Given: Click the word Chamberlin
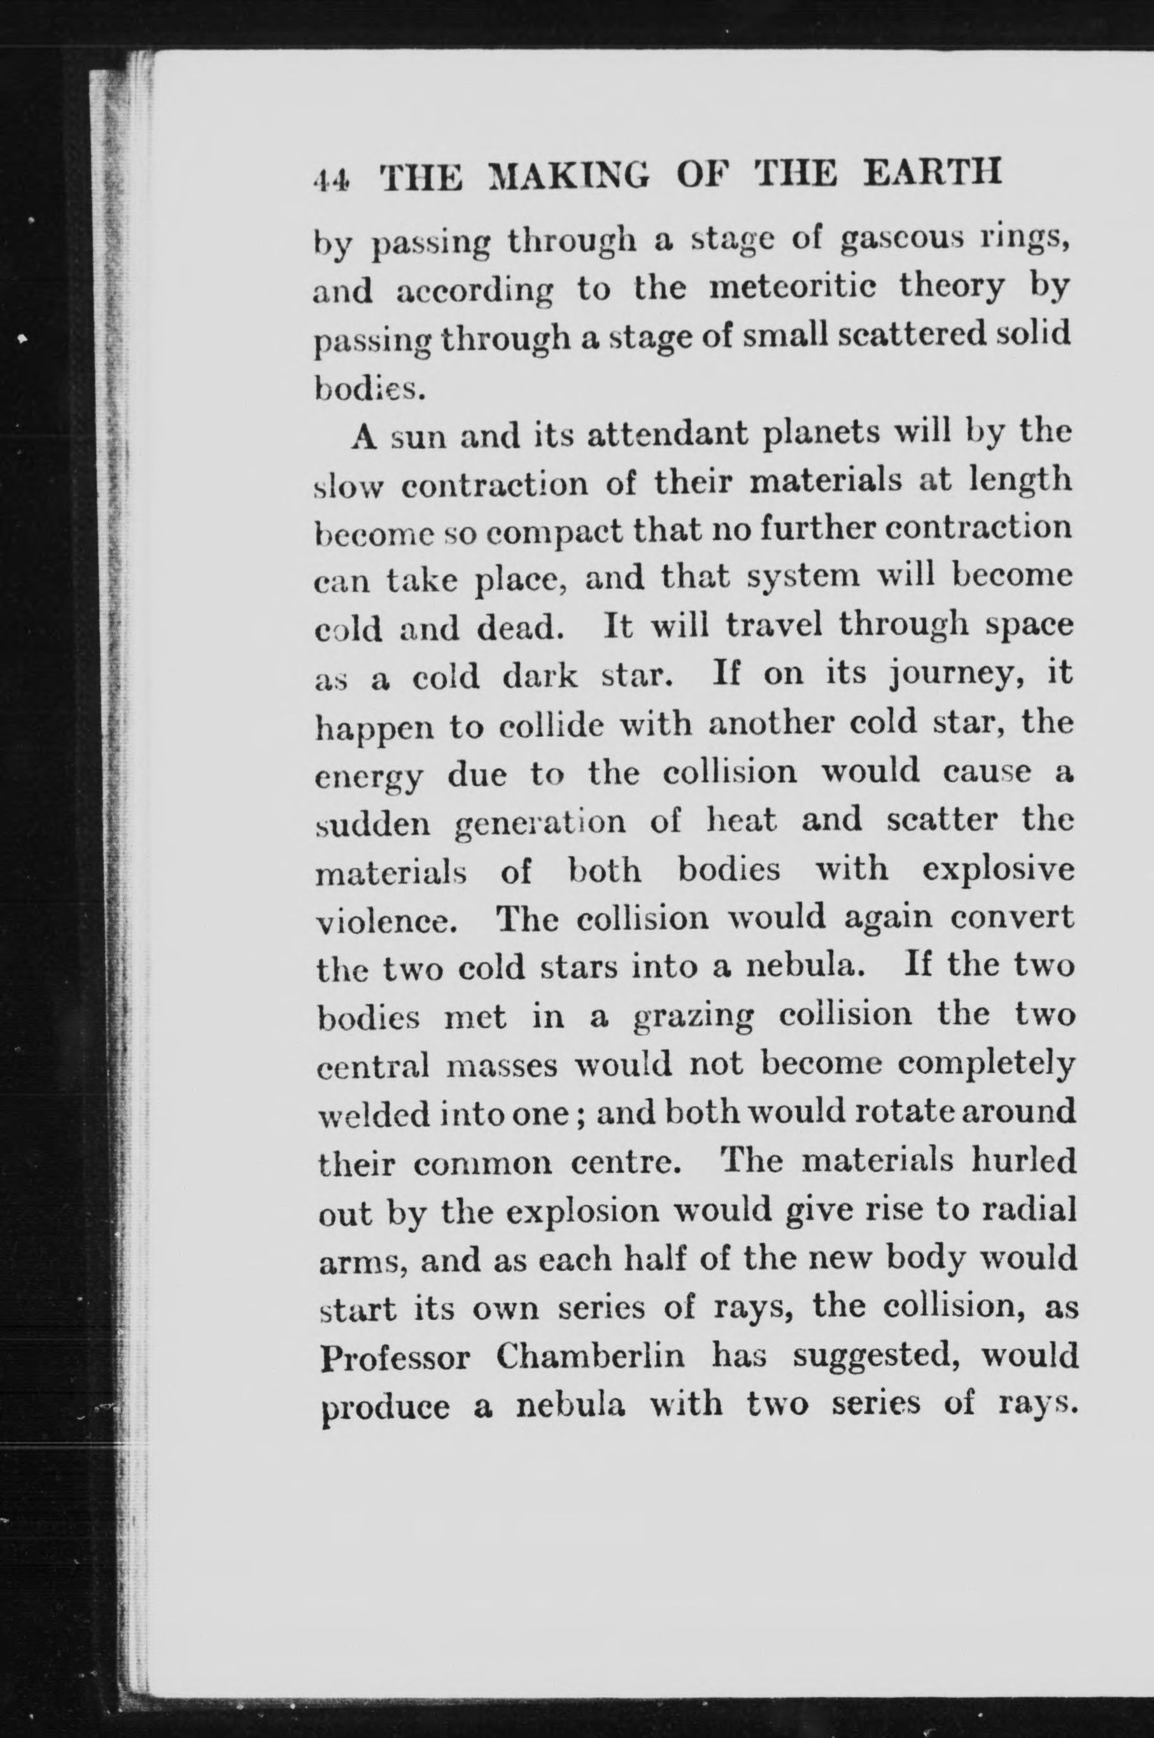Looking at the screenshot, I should (590, 1356).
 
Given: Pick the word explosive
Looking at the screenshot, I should (997, 870).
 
